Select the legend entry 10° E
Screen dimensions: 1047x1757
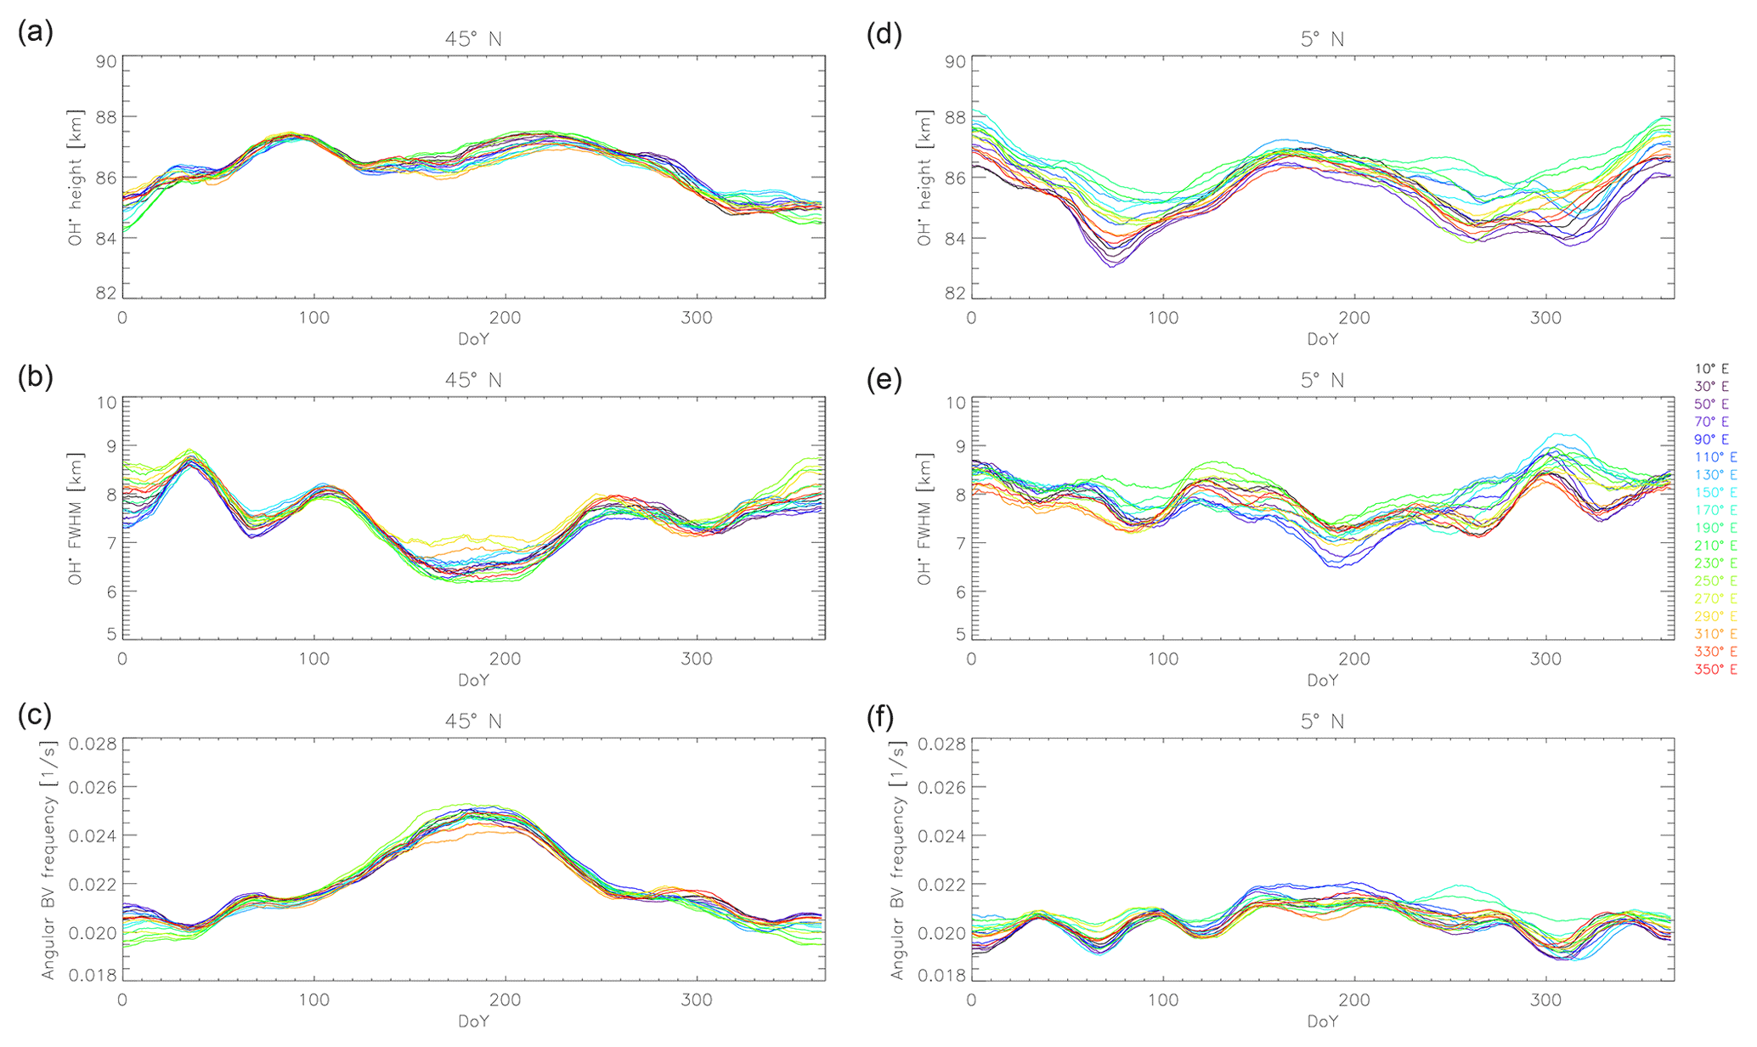[1711, 369]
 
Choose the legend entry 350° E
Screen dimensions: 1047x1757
[1715, 670]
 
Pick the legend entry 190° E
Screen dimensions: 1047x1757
[1715, 528]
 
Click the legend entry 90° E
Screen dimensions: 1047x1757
[1711, 439]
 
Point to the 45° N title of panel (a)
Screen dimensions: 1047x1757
[473, 39]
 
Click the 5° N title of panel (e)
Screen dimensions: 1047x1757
[1322, 380]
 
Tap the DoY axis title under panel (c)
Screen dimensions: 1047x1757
[473, 1022]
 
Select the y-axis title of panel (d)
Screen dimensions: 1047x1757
[924, 178]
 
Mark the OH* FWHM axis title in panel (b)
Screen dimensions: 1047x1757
[76, 520]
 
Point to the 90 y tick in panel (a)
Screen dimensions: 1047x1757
[106, 61]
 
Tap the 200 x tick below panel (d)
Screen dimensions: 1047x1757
[1354, 319]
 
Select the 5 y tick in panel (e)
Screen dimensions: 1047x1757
[960, 633]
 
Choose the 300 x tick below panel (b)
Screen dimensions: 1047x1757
[697, 659]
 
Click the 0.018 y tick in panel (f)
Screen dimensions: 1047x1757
[941, 974]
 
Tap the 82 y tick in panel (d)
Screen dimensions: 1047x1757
[955, 293]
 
